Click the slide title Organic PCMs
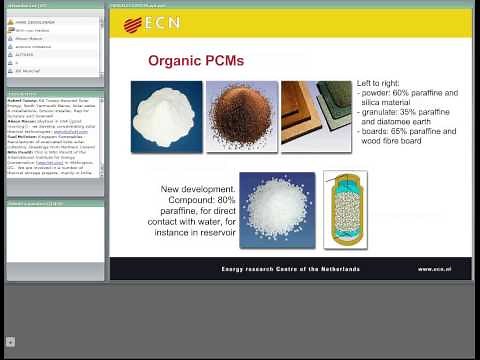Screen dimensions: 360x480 pyautogui.click(x=196, y=61)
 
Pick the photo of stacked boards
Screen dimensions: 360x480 pyautogui.click(x=316, y=116)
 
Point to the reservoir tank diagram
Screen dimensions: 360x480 pyautogui.click(x=344, y=209)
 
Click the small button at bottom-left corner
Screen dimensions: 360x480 pyautogui.click(x=10, y=342)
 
